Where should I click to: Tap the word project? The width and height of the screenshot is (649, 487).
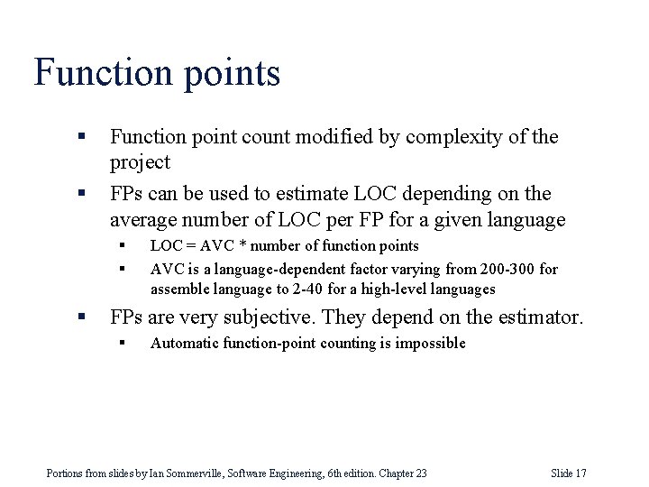pyautogui.click(x=140, y=163)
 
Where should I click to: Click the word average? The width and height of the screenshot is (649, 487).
pyautogui.click(x=144, y=220)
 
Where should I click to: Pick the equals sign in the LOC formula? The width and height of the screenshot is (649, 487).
pyautogui.click(x=189, y=246)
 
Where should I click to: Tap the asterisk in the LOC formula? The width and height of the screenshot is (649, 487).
pyautogui.click(x=245, y=246)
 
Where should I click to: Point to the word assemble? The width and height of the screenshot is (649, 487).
pyautogui.click(x=182, y=289)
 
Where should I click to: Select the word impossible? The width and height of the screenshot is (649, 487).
pyautogui.click(x=430, y=343)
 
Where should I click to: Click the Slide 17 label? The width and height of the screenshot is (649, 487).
pyautogui.click(x=568, y=473)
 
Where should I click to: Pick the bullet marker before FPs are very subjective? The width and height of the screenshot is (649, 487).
pyautogui.click(x=81, y=317)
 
